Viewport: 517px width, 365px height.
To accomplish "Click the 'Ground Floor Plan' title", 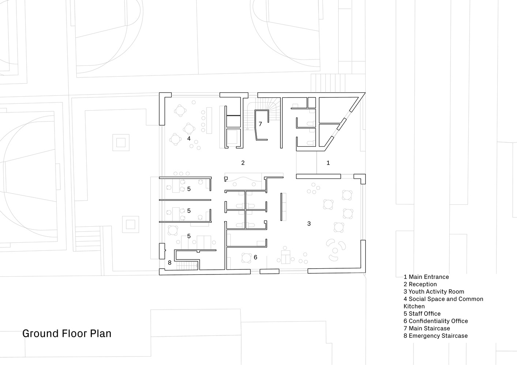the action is (x=67, y=334).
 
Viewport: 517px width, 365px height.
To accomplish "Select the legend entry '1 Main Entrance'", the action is (x=426, y=277).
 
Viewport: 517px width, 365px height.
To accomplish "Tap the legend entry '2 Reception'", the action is (x=420, y=284).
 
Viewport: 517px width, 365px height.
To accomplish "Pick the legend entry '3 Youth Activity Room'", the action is (x=434, y=292).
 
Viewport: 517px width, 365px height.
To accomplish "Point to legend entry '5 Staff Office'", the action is (x=422, y=314).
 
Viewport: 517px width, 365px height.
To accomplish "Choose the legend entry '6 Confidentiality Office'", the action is (x=435, y=321).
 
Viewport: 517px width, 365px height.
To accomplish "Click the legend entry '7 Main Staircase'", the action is (x=427, y=328).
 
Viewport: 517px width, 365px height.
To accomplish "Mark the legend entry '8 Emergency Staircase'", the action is (x=435, y=336).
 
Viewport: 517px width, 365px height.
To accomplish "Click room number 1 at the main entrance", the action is (x=328, y=163).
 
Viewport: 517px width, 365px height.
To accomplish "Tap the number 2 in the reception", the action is (x=243, y=163).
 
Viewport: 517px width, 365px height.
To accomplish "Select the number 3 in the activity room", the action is (x=309, y=223).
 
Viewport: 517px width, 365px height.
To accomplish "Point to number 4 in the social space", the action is (x=189, y=138).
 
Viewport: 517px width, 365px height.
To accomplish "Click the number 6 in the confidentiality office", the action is (x=255, y=257).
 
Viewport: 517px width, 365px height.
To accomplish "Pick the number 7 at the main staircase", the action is (x=260, y=124).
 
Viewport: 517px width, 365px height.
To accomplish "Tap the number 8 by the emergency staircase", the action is (x=170, y=263).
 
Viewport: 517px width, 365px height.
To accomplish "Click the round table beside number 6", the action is (x=246, y=258).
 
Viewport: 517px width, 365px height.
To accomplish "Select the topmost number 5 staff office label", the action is (x=189, y=189).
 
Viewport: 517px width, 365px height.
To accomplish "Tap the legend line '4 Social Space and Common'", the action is (x=443, y=299).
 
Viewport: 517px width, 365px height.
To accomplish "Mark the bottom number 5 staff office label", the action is (x=189, y=236).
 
